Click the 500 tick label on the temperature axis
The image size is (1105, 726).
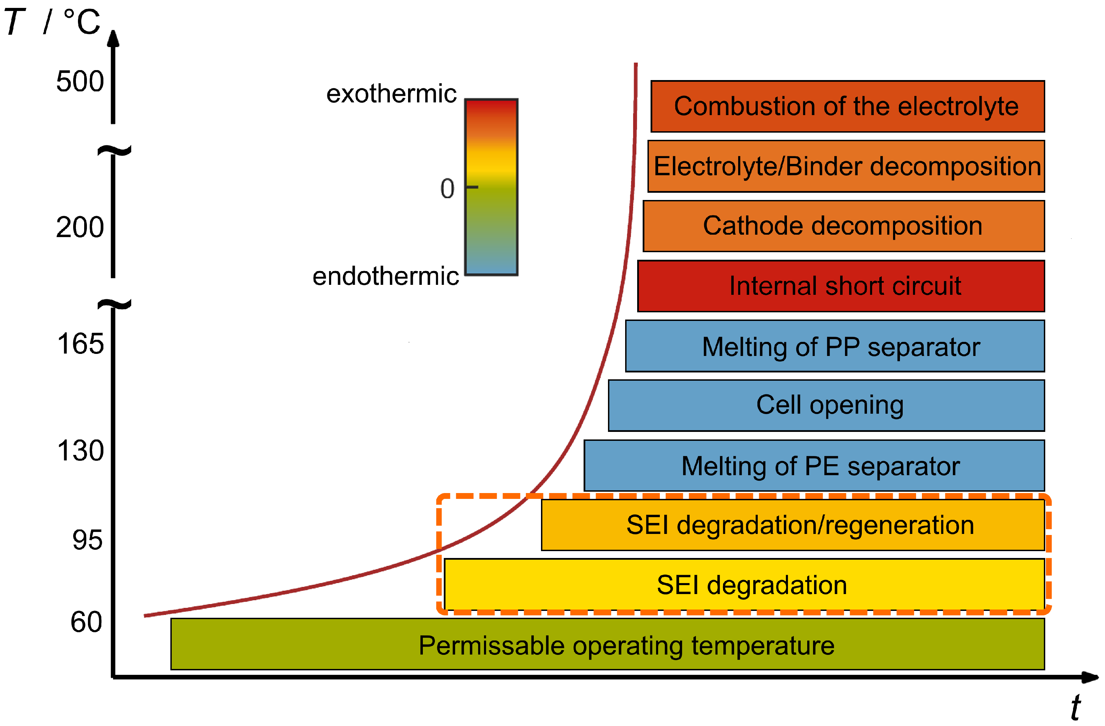click(x=80, y=82)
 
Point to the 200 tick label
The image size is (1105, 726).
click(x=80, y=227)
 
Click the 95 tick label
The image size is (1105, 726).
click(x=87, y=540)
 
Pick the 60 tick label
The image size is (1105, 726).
click(x=86, y=623)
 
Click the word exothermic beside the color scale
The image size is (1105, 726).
click(x=391, y=94)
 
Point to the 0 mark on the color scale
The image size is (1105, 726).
click(x=448, y=189)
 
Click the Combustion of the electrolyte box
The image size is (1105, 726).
click(x=847, y=107)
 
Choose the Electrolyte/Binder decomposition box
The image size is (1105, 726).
click(x=846, y=166)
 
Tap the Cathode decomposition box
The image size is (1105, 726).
click(x=844, y=226)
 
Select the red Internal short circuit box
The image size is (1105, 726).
click(x=841, y=286)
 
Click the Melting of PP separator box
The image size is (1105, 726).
click(x=835, y=346)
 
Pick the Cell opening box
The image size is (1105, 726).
click(x=826, y=405)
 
